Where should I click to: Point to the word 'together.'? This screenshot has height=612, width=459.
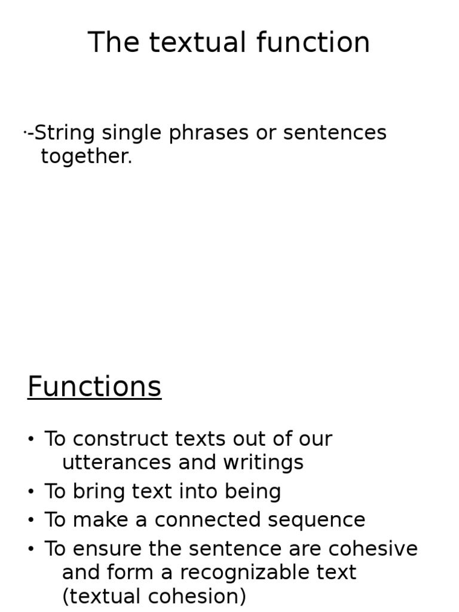86,157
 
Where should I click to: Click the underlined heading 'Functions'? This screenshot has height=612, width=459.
94,387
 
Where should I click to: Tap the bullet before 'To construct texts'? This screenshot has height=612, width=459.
31,440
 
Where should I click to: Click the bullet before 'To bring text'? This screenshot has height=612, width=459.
31,492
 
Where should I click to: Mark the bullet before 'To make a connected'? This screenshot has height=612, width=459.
31,521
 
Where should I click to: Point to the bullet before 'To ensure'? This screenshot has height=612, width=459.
31,549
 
